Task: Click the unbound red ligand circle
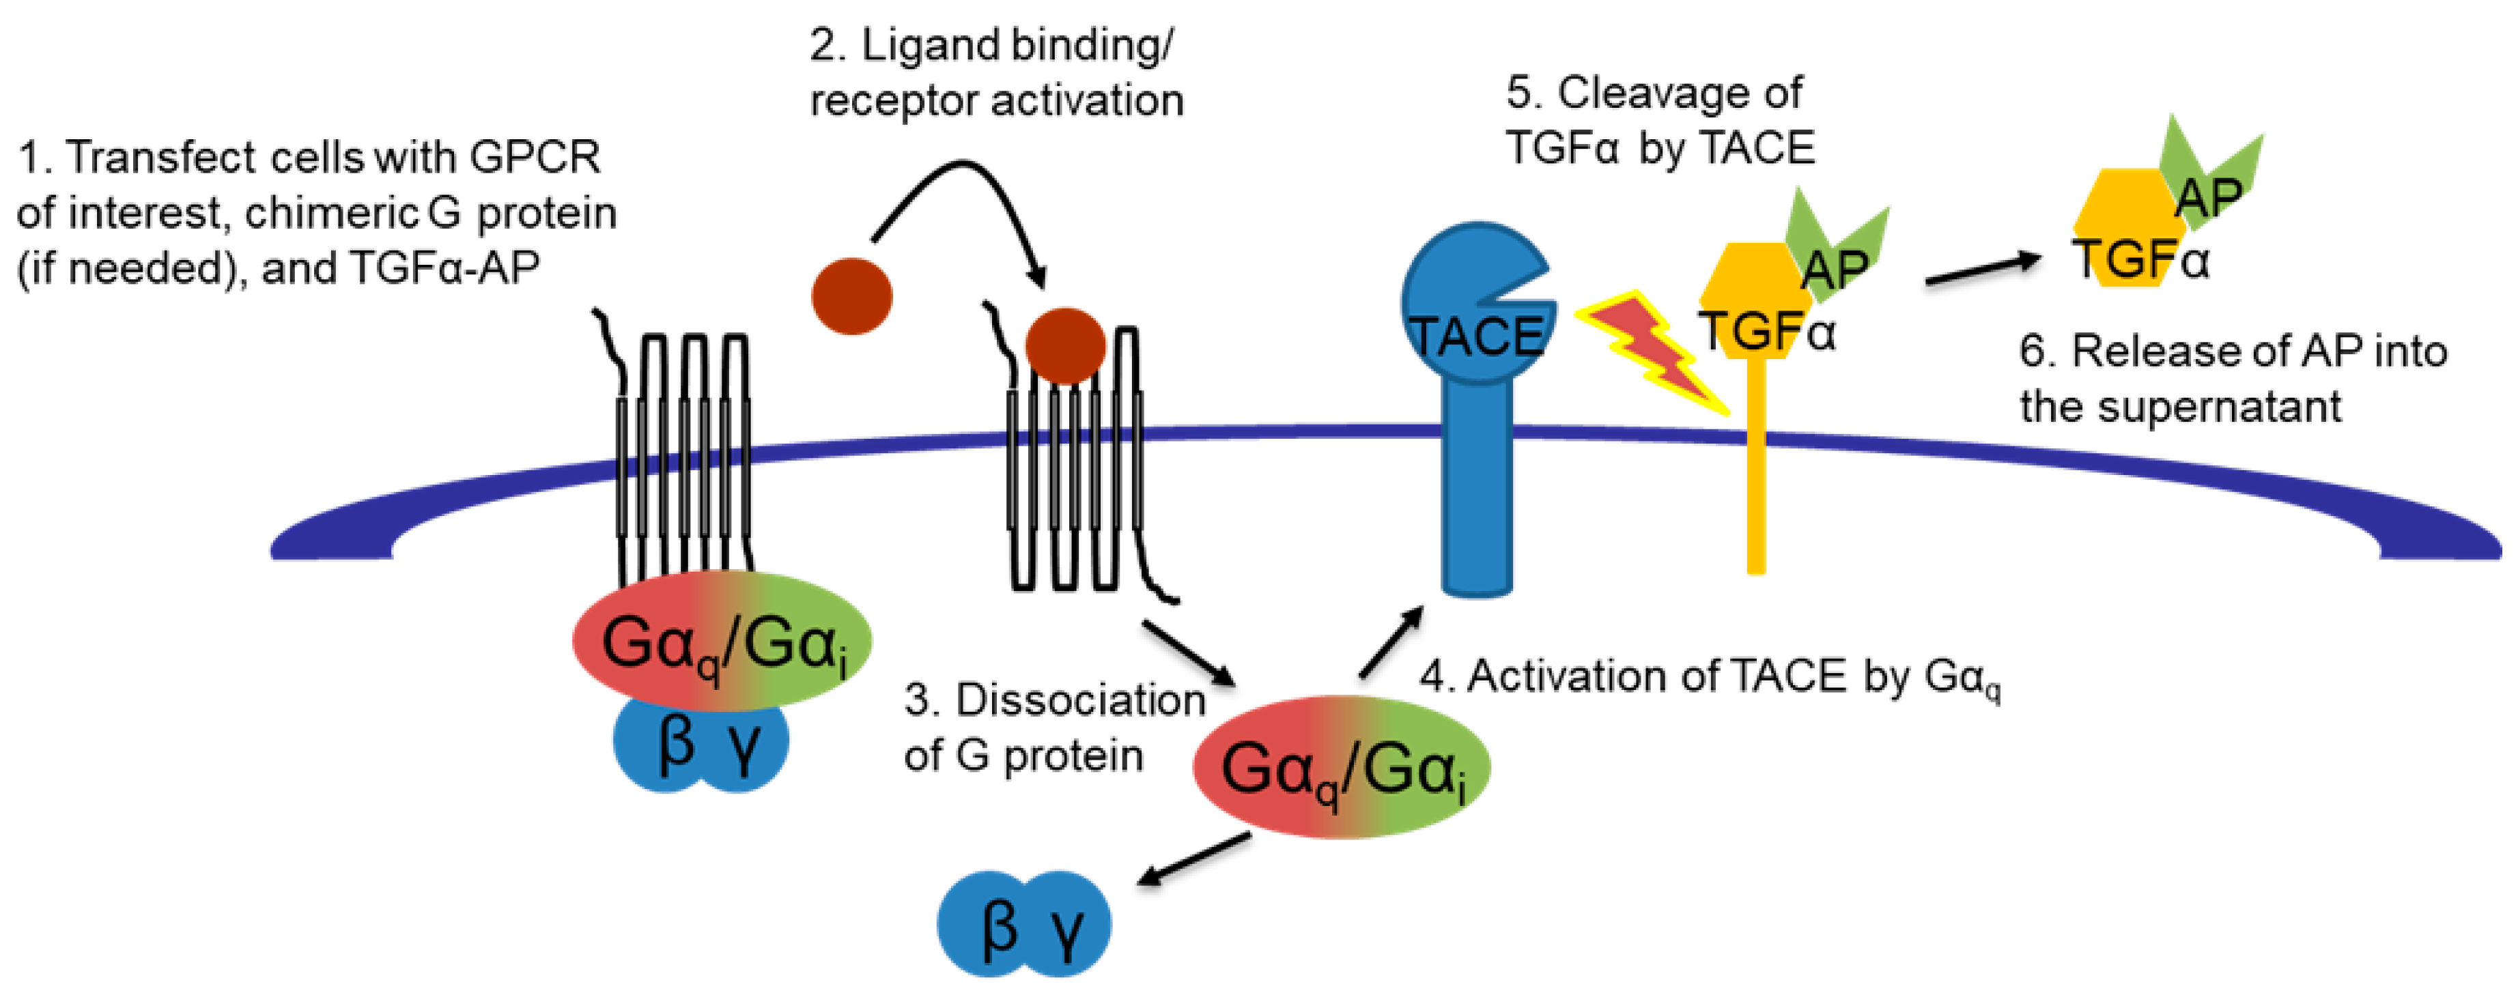[851, 296]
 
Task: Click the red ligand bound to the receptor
[1066, 345]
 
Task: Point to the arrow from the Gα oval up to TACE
[1391, 641]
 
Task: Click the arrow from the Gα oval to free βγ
[1195, 860]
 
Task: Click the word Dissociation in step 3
[1080, 700]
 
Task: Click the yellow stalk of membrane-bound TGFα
[1755, 469]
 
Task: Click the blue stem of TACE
[1477, 489]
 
